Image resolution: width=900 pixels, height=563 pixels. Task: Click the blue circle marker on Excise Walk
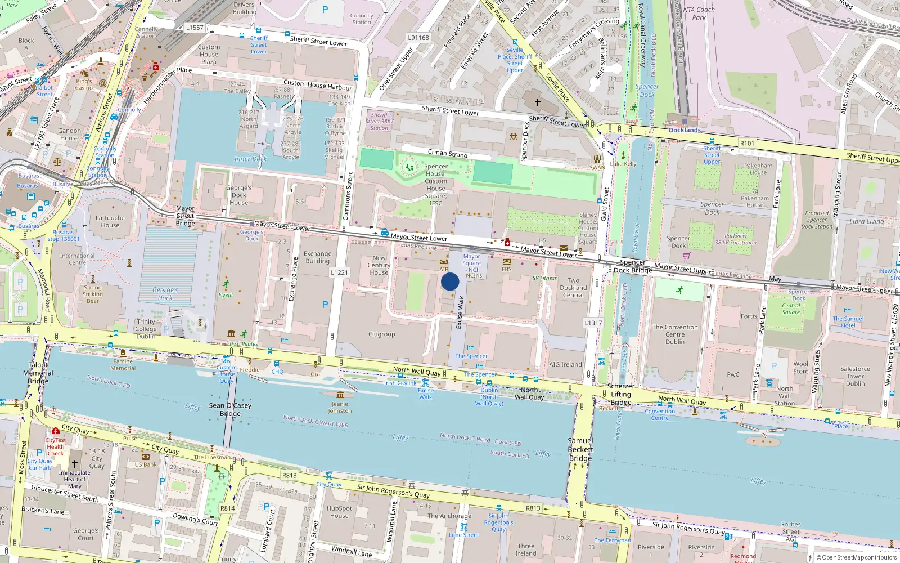coord(450,281)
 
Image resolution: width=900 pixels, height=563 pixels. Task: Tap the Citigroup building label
coord(381,334)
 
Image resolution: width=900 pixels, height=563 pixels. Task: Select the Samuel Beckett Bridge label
coord(580,449)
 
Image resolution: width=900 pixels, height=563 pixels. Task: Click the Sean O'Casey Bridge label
coord(230,409)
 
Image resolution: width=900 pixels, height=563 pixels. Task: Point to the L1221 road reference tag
coord(339,272)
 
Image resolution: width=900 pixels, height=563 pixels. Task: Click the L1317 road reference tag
coord(593,323)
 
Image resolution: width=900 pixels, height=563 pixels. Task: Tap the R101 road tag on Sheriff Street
coord(747,144)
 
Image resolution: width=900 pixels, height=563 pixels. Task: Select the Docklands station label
coord(685,130)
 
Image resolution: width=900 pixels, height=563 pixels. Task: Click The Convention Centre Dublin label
coord(675,334)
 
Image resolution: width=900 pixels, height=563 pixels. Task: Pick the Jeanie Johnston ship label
coord(340,407)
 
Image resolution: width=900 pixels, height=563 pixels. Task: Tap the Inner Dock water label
coord(250,159)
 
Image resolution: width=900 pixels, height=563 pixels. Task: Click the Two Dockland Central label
coord(573,288)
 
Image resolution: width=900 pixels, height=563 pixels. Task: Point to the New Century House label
coord(379,265)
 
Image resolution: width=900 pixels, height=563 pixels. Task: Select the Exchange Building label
coord(318,257)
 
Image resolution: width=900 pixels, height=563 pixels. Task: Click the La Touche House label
coord(110,221)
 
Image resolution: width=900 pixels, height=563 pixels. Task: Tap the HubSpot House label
coord(339,512)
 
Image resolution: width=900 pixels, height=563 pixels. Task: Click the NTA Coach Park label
coord(699,14)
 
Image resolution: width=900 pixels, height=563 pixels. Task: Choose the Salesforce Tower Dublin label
coord(855,376)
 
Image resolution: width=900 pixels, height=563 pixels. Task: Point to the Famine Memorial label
coord(123,365)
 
